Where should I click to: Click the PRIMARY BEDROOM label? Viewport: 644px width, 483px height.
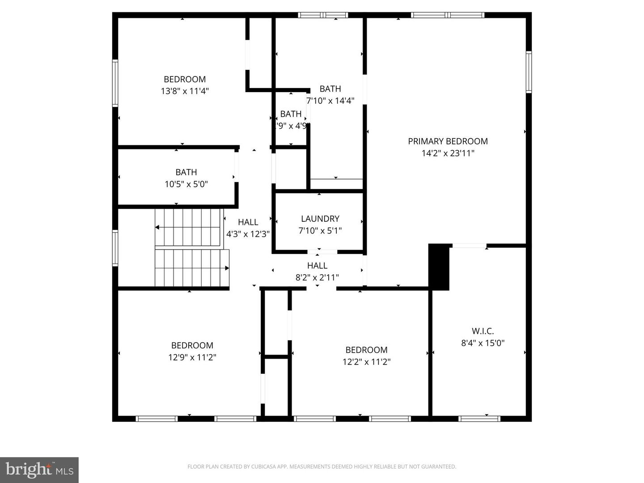coord(448,141)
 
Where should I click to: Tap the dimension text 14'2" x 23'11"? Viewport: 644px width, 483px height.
coord(448,153)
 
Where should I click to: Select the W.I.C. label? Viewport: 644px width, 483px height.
coord(483,331)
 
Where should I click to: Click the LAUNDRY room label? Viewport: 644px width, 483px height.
coord(320,219)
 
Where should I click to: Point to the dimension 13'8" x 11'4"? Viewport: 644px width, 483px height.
coord(185,91)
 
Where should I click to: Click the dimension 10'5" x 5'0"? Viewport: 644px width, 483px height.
coord(186,184)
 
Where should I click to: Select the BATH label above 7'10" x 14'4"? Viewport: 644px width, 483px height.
coord(330,89)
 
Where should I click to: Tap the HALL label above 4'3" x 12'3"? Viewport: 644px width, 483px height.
coord(248,222)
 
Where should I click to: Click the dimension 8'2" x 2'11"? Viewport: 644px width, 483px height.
coord(317,278)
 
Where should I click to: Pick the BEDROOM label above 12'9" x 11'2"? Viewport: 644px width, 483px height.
coord(192,345)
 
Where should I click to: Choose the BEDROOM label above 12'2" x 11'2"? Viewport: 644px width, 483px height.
coord(366,350)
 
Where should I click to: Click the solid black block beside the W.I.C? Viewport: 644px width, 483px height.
coord(439,267)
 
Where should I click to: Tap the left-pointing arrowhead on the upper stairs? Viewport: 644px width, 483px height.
coord(157,228)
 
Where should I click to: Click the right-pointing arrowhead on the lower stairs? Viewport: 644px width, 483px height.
coord(227,268)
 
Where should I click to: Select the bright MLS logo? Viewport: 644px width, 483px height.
coord(39,470)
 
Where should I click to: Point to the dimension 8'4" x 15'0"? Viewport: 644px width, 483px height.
coord(483,343)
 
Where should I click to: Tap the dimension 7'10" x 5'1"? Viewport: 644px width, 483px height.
coord(320,231)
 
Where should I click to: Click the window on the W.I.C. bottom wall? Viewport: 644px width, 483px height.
coord(479,419)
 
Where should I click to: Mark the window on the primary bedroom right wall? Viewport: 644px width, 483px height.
coord(529,72)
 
